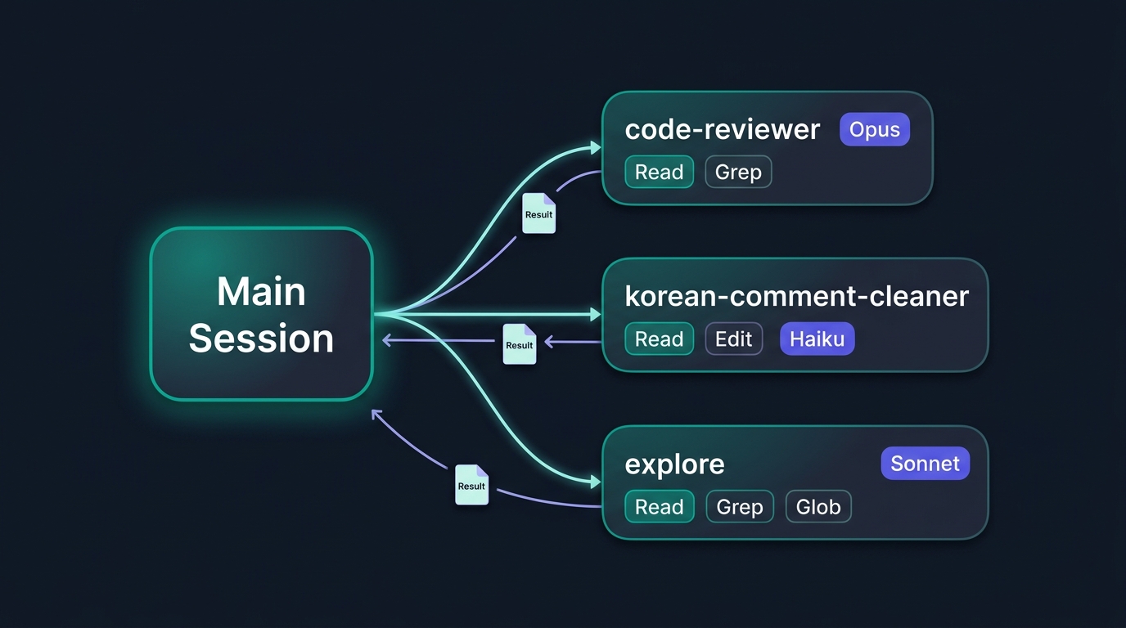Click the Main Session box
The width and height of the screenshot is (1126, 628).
(261, 314)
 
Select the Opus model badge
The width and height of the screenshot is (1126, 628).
(875, 130)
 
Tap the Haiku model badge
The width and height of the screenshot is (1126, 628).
(817, 339)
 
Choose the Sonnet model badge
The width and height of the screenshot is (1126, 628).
(925, 463)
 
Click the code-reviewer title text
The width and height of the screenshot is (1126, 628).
(723, 130)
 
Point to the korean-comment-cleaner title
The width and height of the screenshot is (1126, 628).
(797, 296)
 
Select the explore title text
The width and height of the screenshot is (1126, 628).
(674, 464)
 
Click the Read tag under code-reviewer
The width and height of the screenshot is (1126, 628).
(659, 172)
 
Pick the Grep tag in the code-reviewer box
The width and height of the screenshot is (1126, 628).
(738, 172)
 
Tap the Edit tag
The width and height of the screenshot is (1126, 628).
(733, 339)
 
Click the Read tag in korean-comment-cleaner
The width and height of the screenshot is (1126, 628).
(659, 339)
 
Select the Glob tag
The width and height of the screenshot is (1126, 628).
(818, 506)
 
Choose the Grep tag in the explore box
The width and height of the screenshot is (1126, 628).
(740, 506)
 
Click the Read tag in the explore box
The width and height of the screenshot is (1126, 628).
(659, 506)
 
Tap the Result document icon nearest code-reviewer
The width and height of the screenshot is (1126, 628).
(539, 213)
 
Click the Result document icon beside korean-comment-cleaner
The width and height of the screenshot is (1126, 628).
(520, 344)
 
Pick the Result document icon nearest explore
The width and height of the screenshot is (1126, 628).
(471, 485)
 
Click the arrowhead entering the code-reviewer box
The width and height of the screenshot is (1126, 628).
(596, 148)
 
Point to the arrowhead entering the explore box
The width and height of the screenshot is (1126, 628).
(596, 482)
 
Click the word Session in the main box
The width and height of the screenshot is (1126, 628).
(261, 338)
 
